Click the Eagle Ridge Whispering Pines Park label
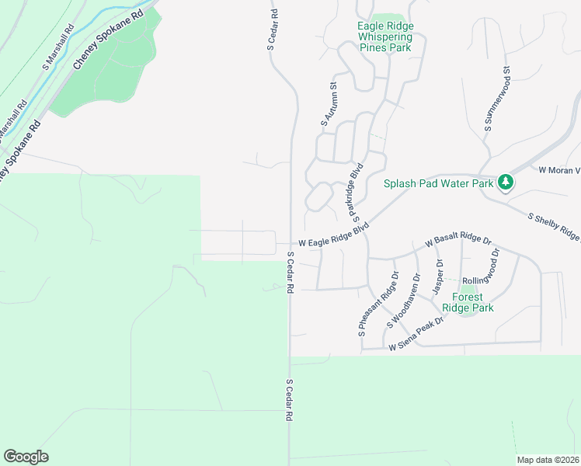pos(385,37)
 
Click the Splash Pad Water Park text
pos(439,184)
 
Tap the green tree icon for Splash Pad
pos(506,182)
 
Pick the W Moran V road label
pos(559,169)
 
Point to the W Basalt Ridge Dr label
pos(458,241)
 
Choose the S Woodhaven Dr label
pos(405,298)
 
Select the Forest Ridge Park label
pos(473,302)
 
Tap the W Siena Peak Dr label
pos(416,335)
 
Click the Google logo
pos(26,457)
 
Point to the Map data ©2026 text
pos(548,460)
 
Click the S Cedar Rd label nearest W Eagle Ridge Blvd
pos(290,272)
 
